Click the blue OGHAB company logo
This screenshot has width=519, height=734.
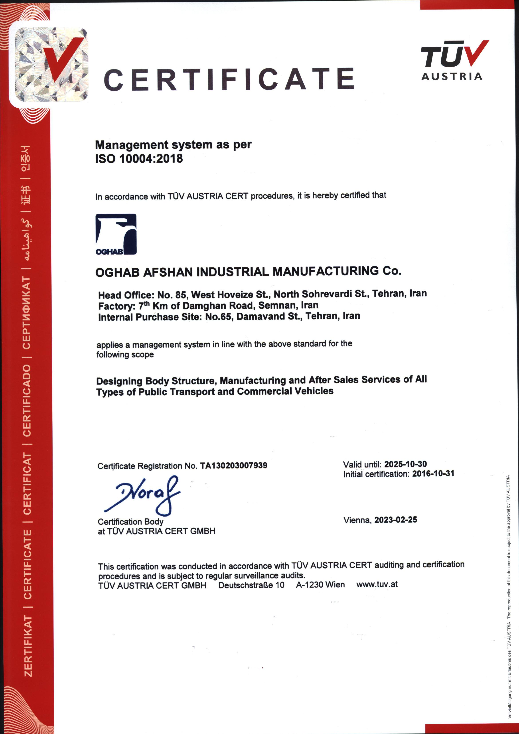coord(116,234)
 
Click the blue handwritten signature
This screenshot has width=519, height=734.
coord(144,495)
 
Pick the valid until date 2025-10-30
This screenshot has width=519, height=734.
coord(405,464)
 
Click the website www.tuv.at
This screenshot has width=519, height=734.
coord(377,584)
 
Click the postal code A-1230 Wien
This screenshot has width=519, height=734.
coord(320,585)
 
